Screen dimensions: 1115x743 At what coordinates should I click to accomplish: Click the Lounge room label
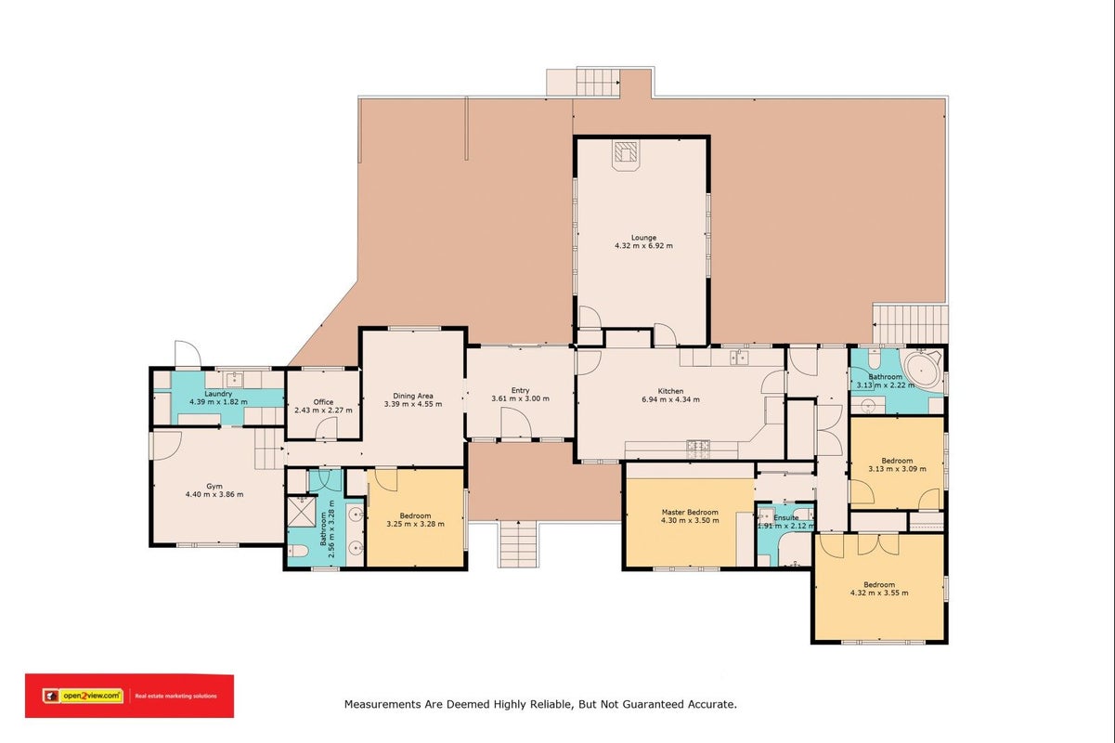click(643, 238)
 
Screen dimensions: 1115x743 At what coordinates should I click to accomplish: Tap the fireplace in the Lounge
click(625, 155)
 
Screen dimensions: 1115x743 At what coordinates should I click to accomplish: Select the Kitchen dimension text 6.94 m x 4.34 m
click(670, 399)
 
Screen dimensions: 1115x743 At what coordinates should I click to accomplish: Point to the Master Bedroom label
click(690, 512)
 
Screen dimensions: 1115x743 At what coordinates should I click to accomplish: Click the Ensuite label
click(786, 517)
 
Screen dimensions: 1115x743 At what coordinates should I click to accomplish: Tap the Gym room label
click(214, 487)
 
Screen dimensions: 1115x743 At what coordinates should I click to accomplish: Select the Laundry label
click(218, 394)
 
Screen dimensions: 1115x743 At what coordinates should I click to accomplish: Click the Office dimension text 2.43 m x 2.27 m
click(324, 411)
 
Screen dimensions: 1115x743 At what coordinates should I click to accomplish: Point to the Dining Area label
click(413, 396)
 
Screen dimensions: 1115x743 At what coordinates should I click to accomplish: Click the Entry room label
click(520, 390)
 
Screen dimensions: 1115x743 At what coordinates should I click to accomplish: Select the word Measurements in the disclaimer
click(382, 705)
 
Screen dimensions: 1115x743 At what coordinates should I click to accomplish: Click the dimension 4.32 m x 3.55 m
click(879, 593)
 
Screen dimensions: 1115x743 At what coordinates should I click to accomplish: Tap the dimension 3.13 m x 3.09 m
click(897, 469)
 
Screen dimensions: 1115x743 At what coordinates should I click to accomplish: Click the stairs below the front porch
click(518, 544)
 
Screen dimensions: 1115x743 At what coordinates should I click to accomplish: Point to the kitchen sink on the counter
click(739, 357)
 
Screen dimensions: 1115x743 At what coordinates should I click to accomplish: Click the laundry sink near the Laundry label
click(234, 380)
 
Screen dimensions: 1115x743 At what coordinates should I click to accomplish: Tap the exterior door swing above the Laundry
click(188, 354)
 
